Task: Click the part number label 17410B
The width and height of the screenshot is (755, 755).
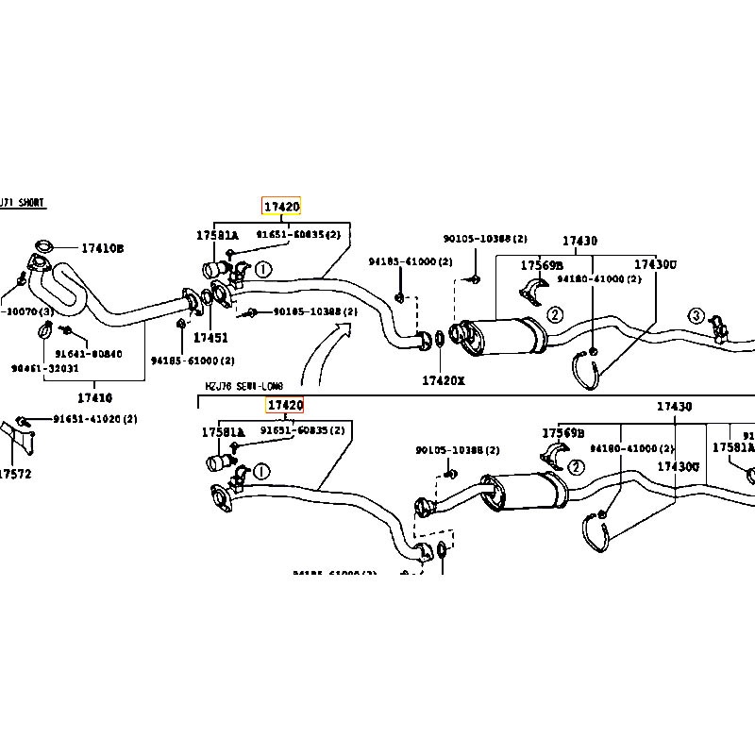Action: coord(102,248)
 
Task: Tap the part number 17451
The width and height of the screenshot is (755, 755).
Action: coord(210,337)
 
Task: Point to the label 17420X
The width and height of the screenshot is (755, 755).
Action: coord(443,380)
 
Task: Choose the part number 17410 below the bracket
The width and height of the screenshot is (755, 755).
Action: coord(94,398)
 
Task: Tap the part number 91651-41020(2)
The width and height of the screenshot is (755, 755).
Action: coord(94,419)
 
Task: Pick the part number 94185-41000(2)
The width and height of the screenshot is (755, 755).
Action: coord(411,261)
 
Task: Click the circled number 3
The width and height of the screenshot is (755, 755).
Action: coord(696,315)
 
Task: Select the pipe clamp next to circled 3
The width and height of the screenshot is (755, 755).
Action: coord(719,325)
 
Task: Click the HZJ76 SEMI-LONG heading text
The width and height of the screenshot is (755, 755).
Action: coord(243,387)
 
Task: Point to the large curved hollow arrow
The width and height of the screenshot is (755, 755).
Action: coord(326,354)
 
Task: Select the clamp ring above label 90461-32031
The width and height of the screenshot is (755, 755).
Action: coord(44,330)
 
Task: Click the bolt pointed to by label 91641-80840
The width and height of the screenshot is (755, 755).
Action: coord(65,329)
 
